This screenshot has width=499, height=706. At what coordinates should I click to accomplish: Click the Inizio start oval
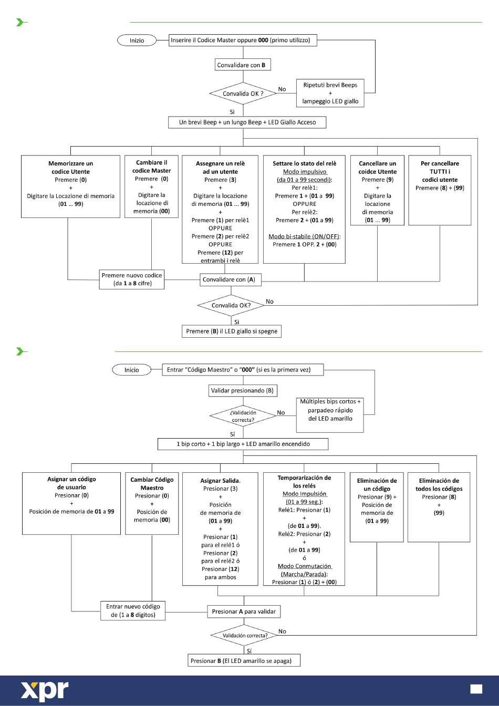(x=137, y=40)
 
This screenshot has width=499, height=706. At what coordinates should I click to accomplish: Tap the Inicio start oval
(x=131, y=370)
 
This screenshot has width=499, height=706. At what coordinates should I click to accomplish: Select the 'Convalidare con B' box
(x=243, y=65)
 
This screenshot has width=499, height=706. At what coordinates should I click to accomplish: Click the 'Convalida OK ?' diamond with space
(x=243, y=94)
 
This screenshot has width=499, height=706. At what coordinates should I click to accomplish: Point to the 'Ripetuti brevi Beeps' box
(x=330, y=93)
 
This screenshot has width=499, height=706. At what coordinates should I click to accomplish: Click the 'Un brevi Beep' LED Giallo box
(x=247, y=122)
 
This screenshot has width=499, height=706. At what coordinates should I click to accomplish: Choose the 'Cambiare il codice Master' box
(x=151, y=186)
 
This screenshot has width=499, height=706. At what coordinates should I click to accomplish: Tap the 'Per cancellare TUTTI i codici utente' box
(x=440, y=190)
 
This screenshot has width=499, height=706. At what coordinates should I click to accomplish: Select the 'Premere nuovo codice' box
(x=132, y=279)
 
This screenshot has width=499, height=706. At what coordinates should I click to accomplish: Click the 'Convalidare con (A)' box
(x=231, y=279)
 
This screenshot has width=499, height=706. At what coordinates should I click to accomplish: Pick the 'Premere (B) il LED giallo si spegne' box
(x=231, y=331)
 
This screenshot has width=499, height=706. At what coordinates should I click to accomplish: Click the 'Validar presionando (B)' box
(x=243, y=390)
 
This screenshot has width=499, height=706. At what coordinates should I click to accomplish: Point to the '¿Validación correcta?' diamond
(x=243, y=416)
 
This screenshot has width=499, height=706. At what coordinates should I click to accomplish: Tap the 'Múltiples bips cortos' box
(x=330, y=415)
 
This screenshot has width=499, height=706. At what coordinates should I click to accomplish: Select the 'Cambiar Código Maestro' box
(x=152, y=503)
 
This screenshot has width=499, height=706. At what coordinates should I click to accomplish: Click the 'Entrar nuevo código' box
(x=133, y=611)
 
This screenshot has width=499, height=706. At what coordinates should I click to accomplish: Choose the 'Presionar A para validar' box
(x=244, y=611)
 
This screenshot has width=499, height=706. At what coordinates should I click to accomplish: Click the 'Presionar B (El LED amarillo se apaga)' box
(x=244, y=661)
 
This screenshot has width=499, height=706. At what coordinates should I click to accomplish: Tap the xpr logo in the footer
(x=45, y=691)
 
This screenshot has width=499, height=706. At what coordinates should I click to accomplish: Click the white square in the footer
(x=476, y=689)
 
